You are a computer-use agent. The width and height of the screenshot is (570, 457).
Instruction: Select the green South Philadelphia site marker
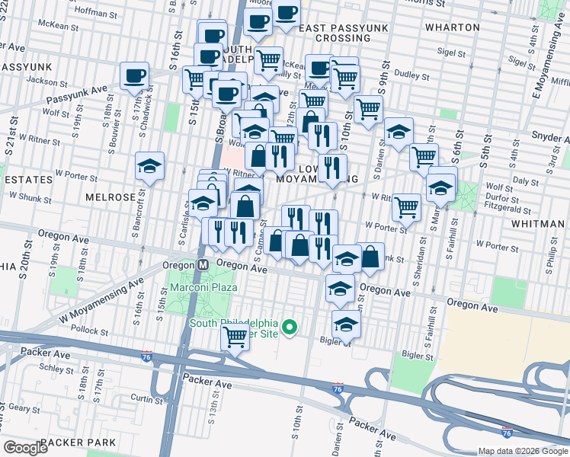[x=290, y=328]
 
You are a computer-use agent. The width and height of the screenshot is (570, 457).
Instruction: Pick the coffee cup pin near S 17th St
[x=135, y=75]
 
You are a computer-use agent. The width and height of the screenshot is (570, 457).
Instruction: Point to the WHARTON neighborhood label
[x=453, y=27]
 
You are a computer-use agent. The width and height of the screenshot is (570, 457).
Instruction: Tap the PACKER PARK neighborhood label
[x=78, y=443]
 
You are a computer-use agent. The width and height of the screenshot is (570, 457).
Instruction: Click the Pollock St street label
[x=93, y=331]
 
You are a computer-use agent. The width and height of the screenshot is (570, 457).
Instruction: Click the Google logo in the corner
[x=25, y=447]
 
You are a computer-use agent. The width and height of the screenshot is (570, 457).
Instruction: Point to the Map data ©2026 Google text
[x=522, y=451]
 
